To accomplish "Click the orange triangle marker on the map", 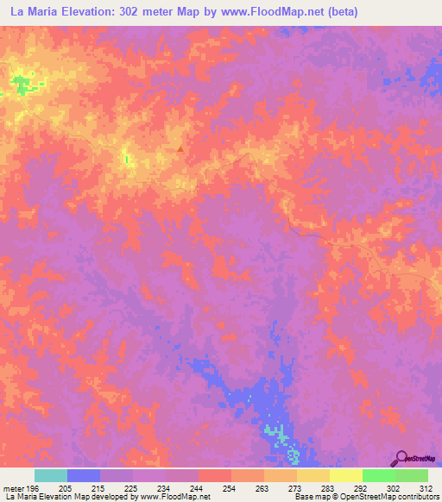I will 180,148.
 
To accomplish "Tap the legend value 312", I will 426,488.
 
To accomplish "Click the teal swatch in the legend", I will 51,475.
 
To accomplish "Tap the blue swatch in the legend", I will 84,475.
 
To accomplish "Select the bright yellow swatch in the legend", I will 345,475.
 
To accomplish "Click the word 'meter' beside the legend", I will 14,488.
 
